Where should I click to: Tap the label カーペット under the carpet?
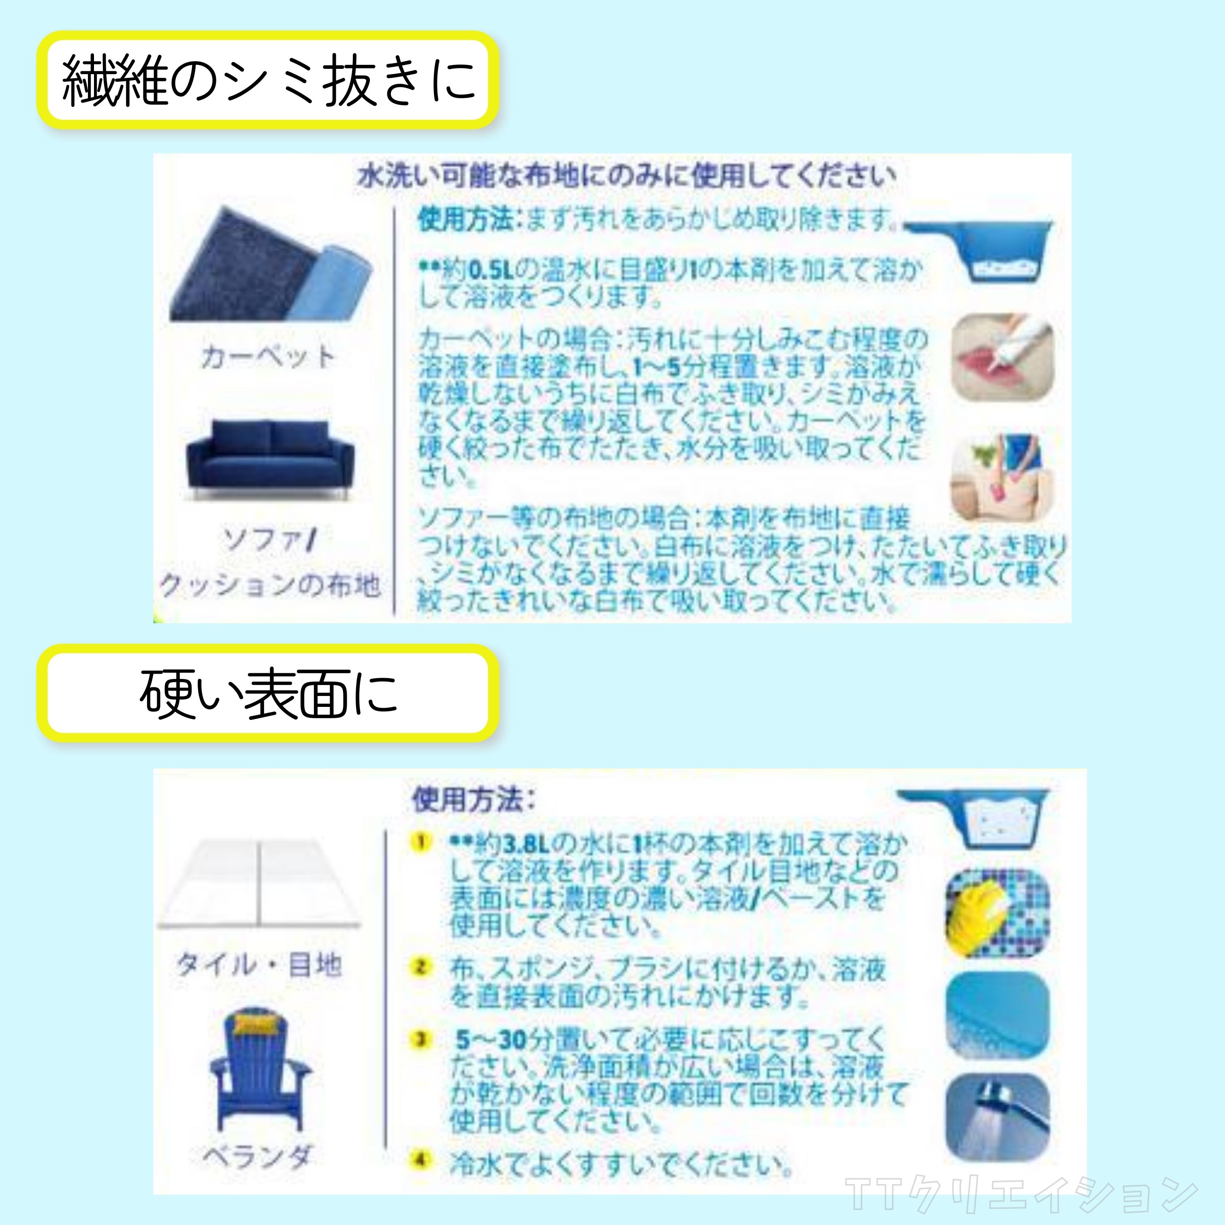coord(268,356)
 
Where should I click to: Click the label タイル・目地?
coord(259,965)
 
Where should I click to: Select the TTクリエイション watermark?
coord(1021,1194)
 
